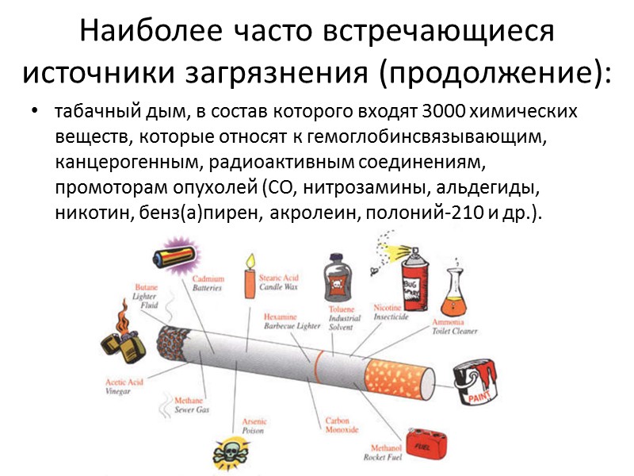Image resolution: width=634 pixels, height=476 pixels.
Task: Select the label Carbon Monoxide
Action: click(342, 424)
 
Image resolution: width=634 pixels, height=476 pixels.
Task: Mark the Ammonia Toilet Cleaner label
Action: click(454, 327)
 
